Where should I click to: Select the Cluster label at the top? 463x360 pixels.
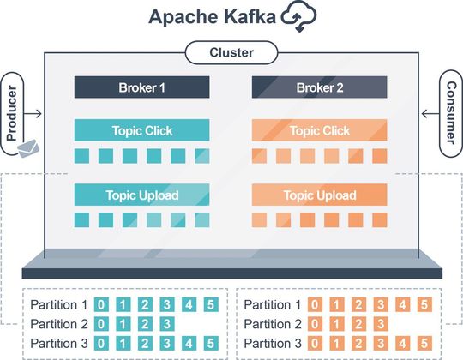(x=231, y=53)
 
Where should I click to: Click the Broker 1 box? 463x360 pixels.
(x=142, y=87)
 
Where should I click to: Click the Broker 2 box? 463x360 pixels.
(x=319, y=87)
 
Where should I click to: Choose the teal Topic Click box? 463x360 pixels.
(x=142, y=130)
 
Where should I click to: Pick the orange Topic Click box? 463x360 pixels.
(x=319, y=130)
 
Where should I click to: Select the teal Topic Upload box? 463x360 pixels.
(x=142, y=195)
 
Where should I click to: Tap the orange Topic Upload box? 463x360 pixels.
(x=319, y=195)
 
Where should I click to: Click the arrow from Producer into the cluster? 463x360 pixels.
(x=36, y=113)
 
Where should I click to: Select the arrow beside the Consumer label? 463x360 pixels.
(x=429, y=113)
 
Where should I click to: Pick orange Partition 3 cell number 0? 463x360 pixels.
(x=316, y=344)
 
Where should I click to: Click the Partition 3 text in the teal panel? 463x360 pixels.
(x=59, y=344)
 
